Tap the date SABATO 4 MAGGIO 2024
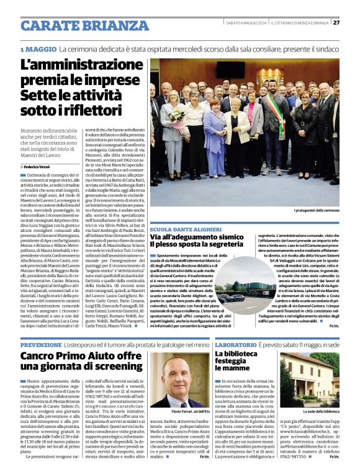(246, 23)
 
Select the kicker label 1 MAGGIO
(38, 49)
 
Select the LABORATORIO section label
(236, 344)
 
